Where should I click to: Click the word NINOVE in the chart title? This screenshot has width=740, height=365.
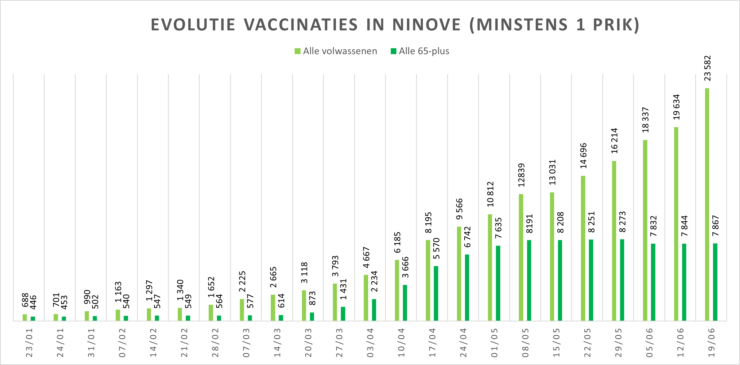[x=426, y=25]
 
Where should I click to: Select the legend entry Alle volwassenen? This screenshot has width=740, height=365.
[x=336, y=51]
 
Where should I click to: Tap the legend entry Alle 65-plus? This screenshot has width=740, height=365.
[x=420, y=51]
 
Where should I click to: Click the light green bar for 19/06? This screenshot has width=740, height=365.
[x=707, y=204]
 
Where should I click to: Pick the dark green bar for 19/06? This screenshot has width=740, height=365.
[x=715, y=282]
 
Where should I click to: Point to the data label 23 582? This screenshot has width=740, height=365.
[x=708, y=68]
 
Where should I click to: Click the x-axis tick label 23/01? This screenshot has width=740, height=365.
[x=29, y=343]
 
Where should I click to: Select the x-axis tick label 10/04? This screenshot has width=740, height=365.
[x=401, y=343]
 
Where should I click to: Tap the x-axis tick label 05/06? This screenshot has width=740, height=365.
[x=650, y=343]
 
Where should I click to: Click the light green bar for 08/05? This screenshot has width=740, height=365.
[x=521, y=257]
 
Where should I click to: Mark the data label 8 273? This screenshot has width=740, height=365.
[x=623, y=222]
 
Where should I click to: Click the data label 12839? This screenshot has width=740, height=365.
[x=521, y=175]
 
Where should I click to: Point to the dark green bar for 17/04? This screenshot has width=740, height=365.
[x=436, y=293]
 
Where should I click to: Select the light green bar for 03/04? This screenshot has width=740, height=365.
[x=366, y=297]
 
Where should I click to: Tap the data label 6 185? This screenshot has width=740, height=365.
[x=397, y=242]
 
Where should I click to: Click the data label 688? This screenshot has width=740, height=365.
[x=25, y=300]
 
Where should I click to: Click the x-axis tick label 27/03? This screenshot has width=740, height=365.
[x=339, y=343]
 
